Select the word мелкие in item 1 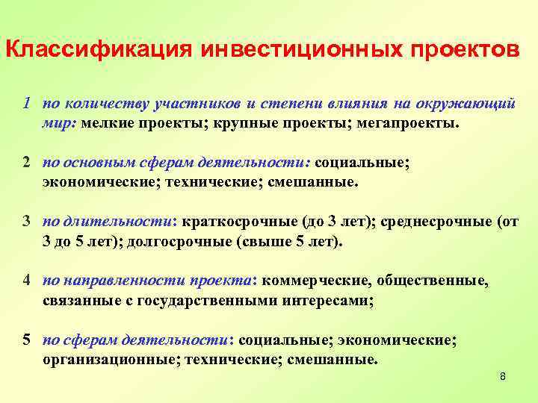[103, 122]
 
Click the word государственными [213, 301]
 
